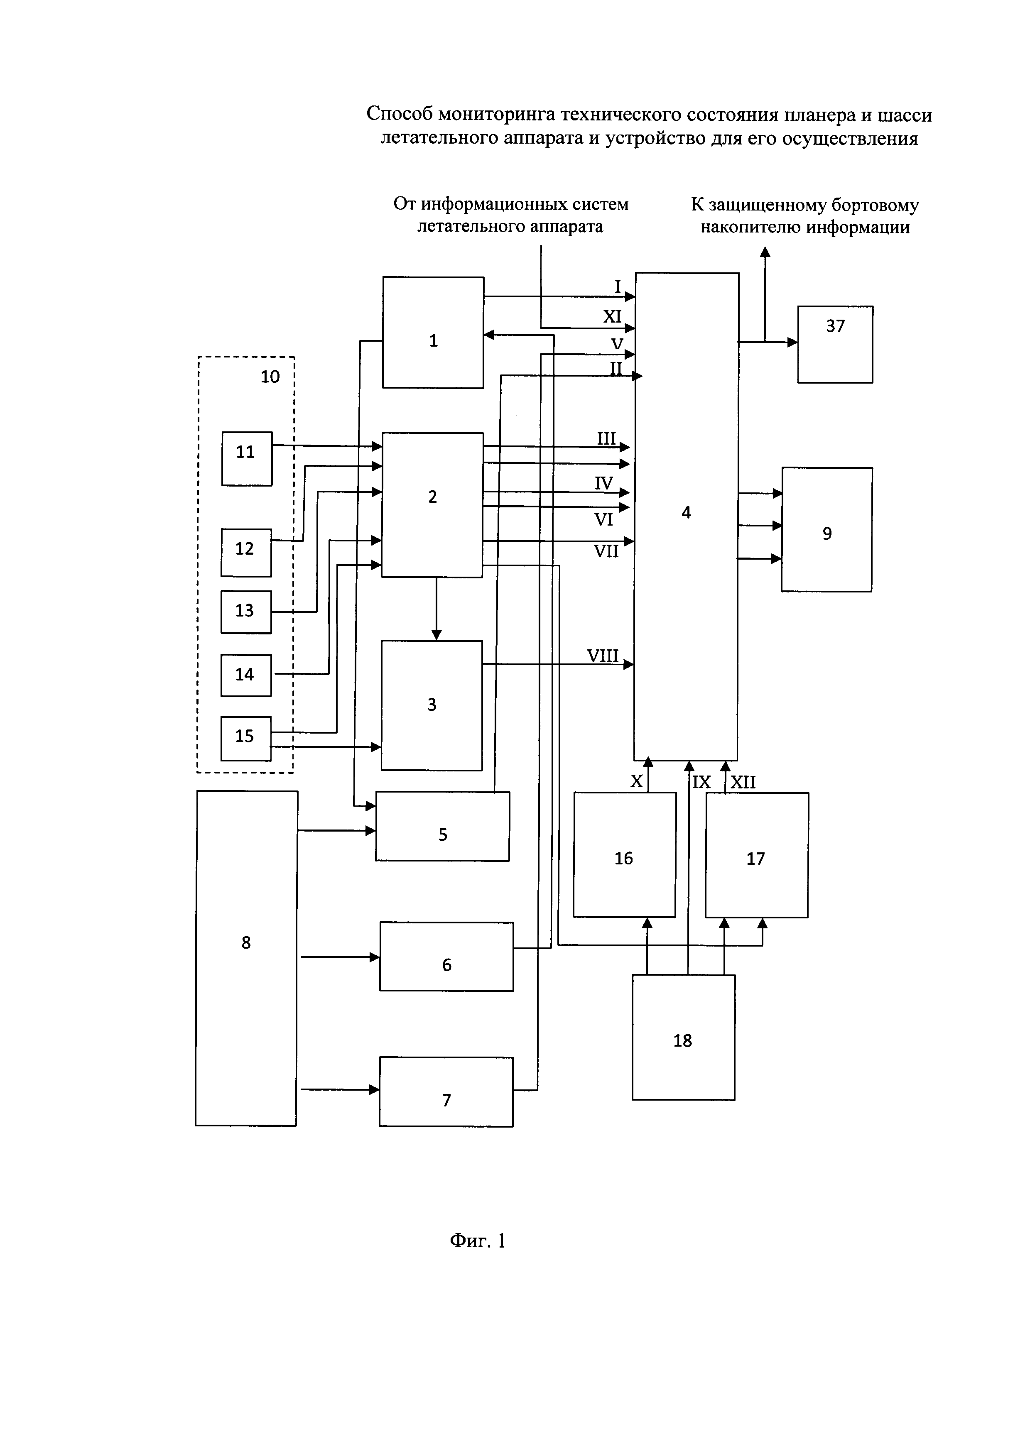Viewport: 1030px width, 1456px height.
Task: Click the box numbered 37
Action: pyautogui.click(x=835, y=344)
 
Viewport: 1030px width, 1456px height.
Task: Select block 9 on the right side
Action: pyautogui.click(x=826, y=529)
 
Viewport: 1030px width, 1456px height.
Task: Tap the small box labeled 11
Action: pyautogui.click(x=247, y=458)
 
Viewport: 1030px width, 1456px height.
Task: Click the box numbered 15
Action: pyautogui.click(x=245, y=738)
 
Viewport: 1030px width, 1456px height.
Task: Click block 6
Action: pyautogui.click(x=446, y=956)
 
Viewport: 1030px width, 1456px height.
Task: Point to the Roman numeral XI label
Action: pyautogui.click(x=612, y=316)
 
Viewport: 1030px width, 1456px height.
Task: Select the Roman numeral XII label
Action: pyautogui.click(x=743, y=782)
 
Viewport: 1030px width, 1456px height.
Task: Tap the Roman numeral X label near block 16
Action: pyautogui.click(x=636, y=782)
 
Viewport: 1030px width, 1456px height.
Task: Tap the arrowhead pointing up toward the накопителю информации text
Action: pyautogui.click(x=765, y=252)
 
